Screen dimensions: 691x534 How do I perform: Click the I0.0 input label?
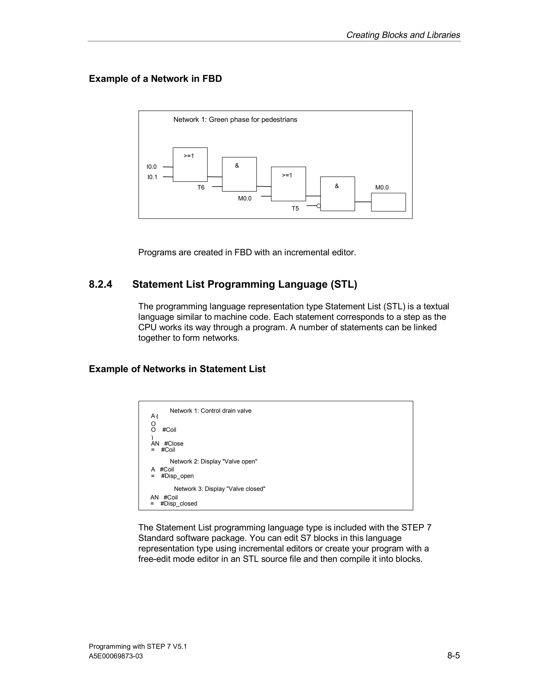(x=151, y=167)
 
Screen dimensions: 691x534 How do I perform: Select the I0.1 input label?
(x=152, y=177)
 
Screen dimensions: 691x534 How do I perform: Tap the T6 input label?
(x=201, y=188)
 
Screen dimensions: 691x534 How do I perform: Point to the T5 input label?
(x=295, y=209)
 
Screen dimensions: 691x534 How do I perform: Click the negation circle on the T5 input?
(x=319, y=206)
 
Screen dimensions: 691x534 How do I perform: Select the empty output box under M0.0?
(x=388, y=202)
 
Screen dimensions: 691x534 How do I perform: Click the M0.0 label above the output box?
(x=382, y=188)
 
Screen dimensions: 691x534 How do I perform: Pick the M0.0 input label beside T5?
(x=245, y=198)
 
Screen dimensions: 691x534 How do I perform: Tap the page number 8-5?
(x=453, y=655)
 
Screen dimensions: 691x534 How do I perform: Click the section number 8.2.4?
(x=101, y=284)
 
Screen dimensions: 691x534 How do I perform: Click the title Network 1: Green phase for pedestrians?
(x=235, y=120)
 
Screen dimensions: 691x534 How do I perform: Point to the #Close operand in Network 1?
(x=174, y=444)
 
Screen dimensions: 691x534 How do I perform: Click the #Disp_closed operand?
(x=179, y=503)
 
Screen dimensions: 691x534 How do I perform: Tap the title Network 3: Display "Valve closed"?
(x=220, y=489)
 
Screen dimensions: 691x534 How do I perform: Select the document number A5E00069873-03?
(x=116, y=656)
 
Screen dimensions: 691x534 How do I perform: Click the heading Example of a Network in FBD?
(x=155, y=79)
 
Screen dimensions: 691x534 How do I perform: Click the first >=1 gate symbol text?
(x=189, y=156)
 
